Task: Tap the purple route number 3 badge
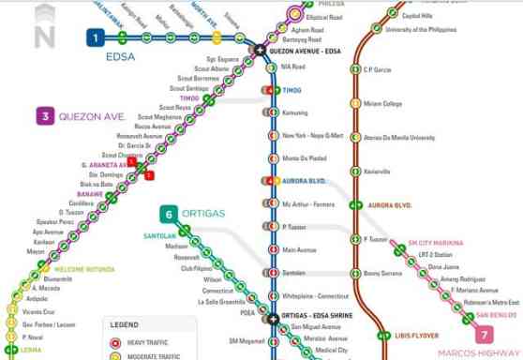tap(43, 117)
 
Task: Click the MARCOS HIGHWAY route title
tap(479, 352)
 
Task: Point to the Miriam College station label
tap(382, 103)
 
